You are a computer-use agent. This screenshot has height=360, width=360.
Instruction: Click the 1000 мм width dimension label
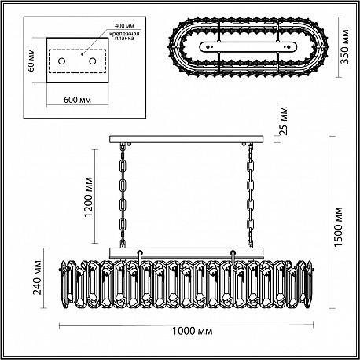pyautogui.click(x=192, y=331)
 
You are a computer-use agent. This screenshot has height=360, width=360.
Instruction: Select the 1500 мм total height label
pyautogui.click(x=338, y=226)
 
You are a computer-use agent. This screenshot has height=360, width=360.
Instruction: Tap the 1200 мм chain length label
pyautogui.click(x=89, y=197)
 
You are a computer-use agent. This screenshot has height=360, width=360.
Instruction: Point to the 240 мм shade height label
pyautogui.click(x=38, y=277)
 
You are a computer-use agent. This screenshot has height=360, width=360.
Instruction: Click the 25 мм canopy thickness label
pyautogui.click(x=283, y=121)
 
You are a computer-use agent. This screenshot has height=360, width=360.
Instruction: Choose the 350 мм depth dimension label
pyautogui.click(x=344, y=46)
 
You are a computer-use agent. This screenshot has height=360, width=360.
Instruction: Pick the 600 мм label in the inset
pyautogui.click(x=77, y=100)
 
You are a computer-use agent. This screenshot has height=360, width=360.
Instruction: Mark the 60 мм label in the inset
pyautogui.click(x=31, y=61)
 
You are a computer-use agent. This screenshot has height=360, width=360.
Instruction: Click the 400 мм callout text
pyautogui.click(x=124, y=26)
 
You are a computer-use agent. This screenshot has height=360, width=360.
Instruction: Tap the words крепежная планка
pyautogui.click(x=124, y=36)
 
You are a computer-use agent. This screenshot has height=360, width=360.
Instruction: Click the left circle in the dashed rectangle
pyautogui.click(x=61, y=61)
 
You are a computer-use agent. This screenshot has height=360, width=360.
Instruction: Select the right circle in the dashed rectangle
pyautogui.click(x=92, y=61)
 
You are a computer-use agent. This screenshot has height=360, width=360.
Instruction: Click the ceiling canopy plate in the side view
pyautogui.click(x=186, y=139)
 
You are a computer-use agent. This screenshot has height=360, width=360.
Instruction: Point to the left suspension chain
pyautogui.click(x=123, y=195)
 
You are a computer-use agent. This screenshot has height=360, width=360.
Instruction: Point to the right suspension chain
pyautogui.click(x=251, y=195)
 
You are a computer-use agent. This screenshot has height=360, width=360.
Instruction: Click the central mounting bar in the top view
pyautogui.click(x=248, y=47)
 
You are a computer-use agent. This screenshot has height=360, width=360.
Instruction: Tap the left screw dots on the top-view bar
pyautogui.click(x=208, y=47)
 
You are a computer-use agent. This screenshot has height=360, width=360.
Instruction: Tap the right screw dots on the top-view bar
pyautogui.click(x=288, y=47)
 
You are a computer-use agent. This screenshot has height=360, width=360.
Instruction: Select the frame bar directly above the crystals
pyautogui.click(x=186, y=252)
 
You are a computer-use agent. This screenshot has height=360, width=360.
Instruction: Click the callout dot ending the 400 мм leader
pyautogui.click(x=82, y=54)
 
